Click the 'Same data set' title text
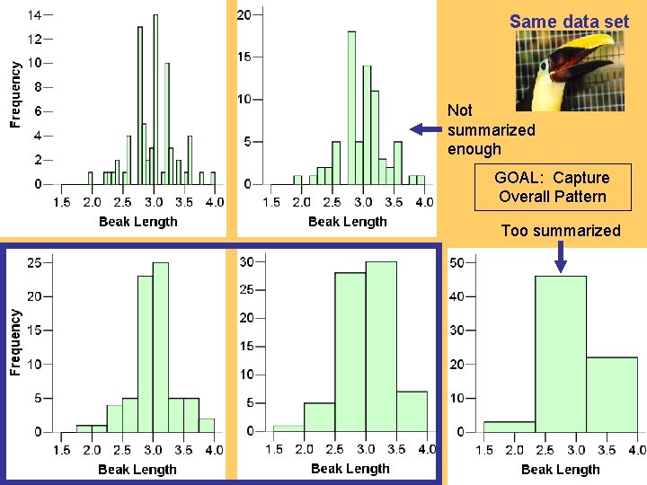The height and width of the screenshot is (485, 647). point(569,21)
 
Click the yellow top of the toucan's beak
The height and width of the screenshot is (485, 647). point(585,42)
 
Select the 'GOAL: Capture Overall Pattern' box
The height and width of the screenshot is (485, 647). point(554,187)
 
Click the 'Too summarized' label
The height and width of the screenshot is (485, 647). point(561,231)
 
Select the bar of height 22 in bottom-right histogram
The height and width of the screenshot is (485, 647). point(611,394)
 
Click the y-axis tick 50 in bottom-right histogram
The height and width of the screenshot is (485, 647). point(456,262)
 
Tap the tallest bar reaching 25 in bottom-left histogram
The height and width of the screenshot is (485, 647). point(161,347)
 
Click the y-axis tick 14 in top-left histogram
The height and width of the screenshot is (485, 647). point(33,15)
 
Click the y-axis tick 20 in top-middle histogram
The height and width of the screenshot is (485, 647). point(244,14)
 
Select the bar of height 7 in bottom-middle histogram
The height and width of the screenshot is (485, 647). point(412,411)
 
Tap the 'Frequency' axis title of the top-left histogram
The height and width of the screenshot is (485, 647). point(15,93)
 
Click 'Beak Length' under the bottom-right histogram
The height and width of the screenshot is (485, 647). point(561,469)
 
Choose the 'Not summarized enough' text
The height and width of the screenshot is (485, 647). point(491,129)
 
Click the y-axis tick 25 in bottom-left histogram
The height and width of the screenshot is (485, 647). point(34,262)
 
